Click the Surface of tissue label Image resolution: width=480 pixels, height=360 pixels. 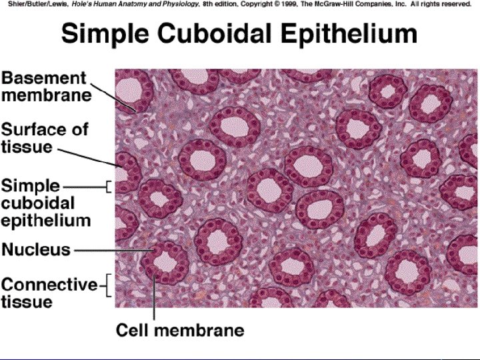(45, 137)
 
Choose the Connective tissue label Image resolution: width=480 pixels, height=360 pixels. (49, 293)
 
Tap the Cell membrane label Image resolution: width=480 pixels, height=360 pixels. (180, 329)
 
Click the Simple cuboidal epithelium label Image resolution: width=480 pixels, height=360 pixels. (46, 202)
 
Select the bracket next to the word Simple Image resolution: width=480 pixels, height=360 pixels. (108, 187)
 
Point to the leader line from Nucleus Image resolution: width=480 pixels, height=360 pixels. (113, 251)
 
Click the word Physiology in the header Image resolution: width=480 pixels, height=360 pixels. (183, 4)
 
